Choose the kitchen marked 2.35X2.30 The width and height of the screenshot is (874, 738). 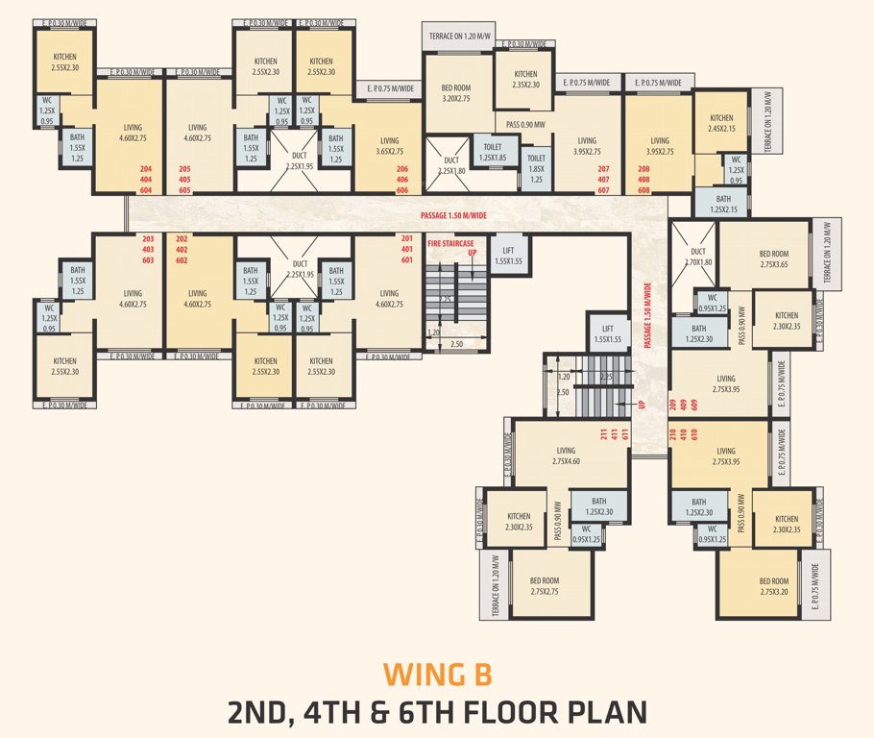[x=525, y=80]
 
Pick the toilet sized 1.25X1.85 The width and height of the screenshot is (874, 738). [x=493, y=153]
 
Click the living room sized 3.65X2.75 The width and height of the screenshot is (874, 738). [x=389, y=146]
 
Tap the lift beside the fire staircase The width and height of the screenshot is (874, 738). [x=508, y=255]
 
